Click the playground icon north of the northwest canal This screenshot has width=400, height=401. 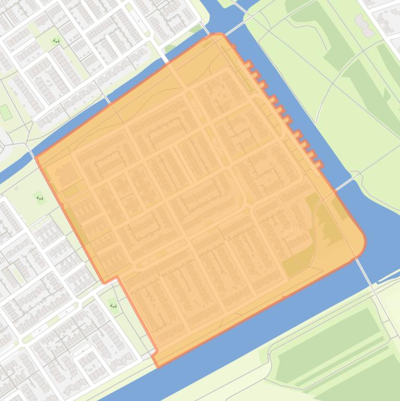point(56,41)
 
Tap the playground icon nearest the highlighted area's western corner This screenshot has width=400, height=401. point(40,198)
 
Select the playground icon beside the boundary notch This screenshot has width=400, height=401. point(113,306)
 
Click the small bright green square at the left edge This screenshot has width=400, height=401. point(5,112)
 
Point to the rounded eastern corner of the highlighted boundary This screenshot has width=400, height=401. point(364,243)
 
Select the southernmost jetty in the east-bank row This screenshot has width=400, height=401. point(318,165)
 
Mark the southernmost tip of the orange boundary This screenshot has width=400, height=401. point(158,366)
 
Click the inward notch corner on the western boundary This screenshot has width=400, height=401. point(118,278)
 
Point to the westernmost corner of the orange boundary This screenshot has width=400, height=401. point(35,157)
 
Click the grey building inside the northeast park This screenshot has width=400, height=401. point(364,25)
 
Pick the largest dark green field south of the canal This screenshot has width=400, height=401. point(328,344)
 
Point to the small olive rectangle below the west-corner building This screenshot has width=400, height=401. point(70,191)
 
